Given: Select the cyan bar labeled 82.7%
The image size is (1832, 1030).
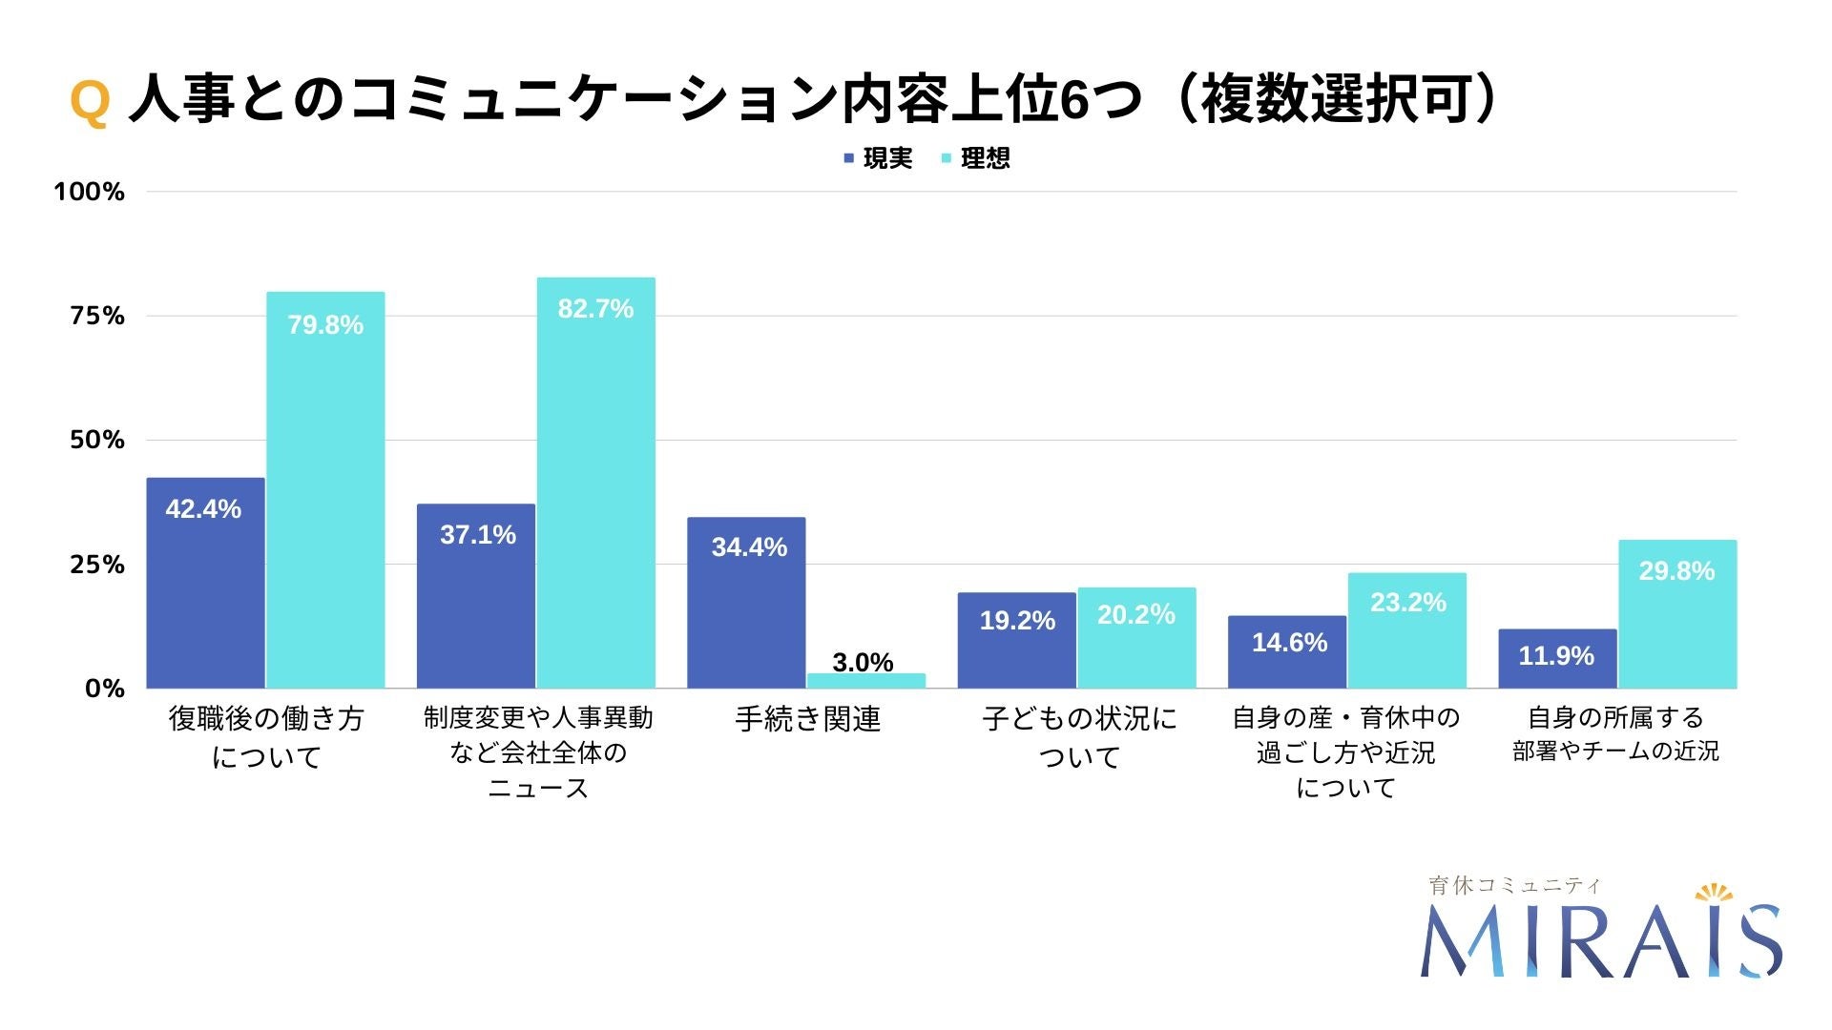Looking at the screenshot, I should [595, 483].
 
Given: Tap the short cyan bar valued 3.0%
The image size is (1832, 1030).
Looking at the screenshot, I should [865, 680].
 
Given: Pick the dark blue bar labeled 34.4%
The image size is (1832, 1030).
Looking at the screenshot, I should [746, 602].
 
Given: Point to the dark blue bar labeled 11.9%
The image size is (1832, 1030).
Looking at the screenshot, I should [1556, 658].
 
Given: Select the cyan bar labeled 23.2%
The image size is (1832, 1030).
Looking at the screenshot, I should [1406, 630].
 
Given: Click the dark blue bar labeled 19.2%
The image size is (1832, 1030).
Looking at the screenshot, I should [1016, 640].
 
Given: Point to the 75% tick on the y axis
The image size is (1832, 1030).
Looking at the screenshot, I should [97, 316].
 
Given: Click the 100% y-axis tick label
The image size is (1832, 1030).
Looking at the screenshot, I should [89, 192].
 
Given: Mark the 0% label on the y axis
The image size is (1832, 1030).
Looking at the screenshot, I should [104, 689].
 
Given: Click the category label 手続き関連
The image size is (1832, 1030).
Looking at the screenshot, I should [807, 719].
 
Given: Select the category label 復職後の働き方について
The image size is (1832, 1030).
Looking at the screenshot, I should [266, 737].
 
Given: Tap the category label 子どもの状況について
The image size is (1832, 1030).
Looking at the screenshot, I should [1079, 737].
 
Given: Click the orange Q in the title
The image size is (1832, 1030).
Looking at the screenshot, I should [90, 101].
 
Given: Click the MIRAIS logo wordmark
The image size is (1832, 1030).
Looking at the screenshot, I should [1599, 941].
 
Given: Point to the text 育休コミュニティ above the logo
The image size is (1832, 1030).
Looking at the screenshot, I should [1514, 885].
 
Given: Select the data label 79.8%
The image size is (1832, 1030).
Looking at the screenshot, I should [325, 325].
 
